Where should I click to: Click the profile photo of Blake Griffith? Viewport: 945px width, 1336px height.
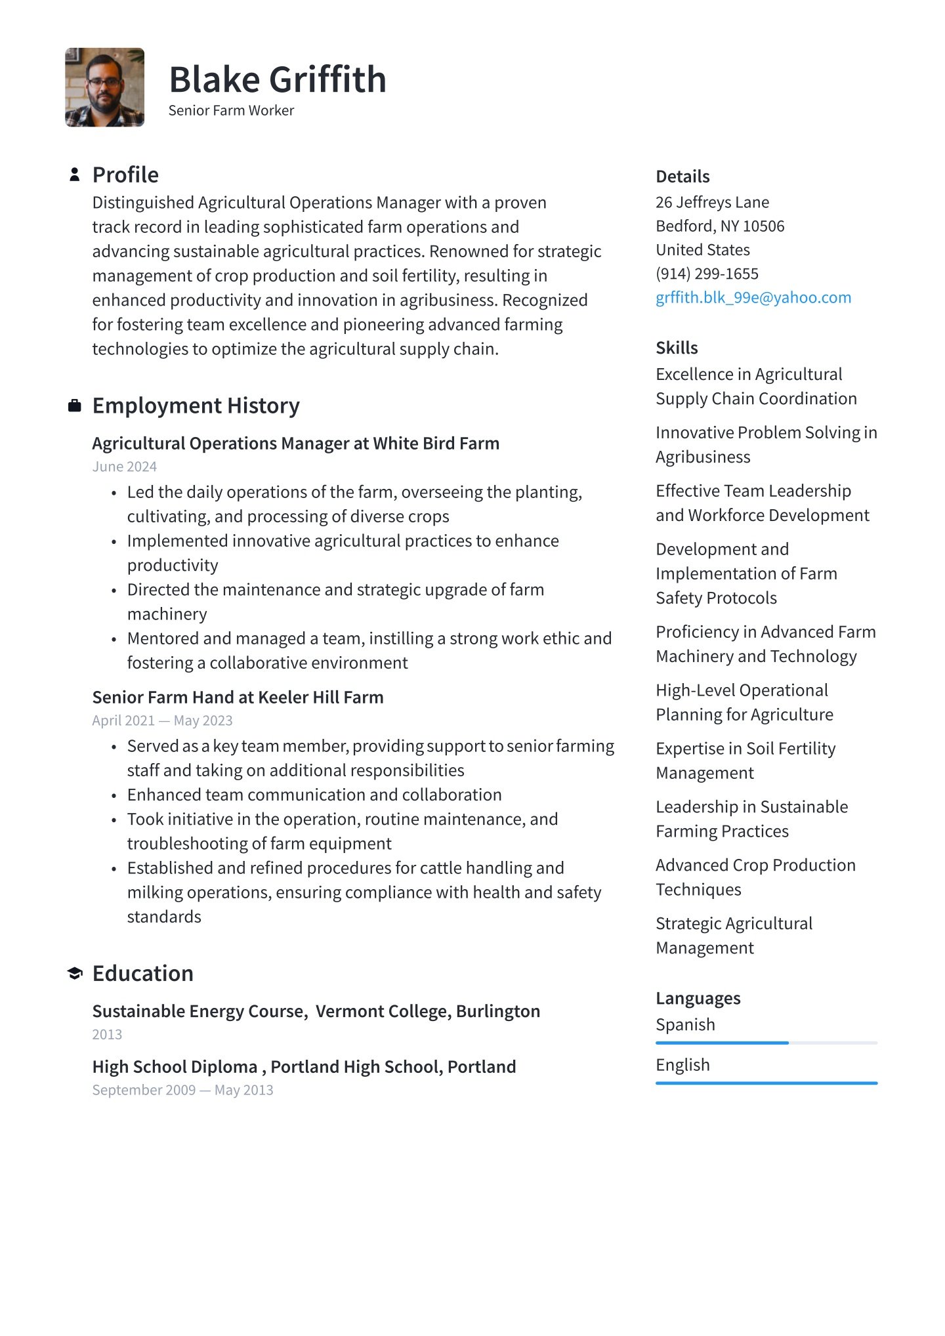pyautogui.click(x=104, y=87)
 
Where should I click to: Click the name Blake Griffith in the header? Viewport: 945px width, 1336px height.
pyautogui.click(x=277, y=80)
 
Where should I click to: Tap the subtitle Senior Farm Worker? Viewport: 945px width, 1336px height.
pyautogui.click(x=231, y=110)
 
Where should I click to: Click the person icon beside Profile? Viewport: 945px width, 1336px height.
pyautogui.click(x=75, y=175)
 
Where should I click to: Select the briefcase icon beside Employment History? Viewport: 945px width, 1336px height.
pyautogui.click(x=75, y=406)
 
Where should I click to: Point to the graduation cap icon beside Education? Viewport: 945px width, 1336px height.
pyautogui.click(x=75, y=973)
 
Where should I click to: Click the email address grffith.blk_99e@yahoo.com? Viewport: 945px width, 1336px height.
pyautogui.click(x=753, y=297)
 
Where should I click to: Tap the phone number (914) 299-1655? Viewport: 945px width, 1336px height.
pyautogui.click(x=707, y=274)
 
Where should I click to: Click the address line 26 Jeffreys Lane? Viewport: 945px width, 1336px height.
pyautogui.click(x=712, y=202)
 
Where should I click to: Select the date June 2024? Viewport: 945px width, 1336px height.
pyautogui.click(x=125, y=467)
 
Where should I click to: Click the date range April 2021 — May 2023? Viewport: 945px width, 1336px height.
pyautogui.click(x=162, y=720)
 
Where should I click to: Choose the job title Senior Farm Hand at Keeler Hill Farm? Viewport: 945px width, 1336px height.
pyautogui.click(x=238, y=697)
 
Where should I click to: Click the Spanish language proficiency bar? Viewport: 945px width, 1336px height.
pyautogui.click(x=766, y=1043)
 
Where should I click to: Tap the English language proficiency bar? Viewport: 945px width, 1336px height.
pyautogui.click(x=766, y=1083)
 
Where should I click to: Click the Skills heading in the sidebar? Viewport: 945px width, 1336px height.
pyautogui.click(x=677, y=348)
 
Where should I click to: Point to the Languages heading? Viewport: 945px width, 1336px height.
pyautogui.click(x=698, y=998)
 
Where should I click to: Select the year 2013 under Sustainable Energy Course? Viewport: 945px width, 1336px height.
pyautogui.click(x=107, y=1034)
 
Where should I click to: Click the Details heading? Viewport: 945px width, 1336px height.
pyautogui.click(x=682, y=177)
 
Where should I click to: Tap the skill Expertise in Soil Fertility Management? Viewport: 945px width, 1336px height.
pyautogui.click(x=745, y=761)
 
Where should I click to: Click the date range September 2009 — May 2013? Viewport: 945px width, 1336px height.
pyautogui.click(x=182, y=1090)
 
